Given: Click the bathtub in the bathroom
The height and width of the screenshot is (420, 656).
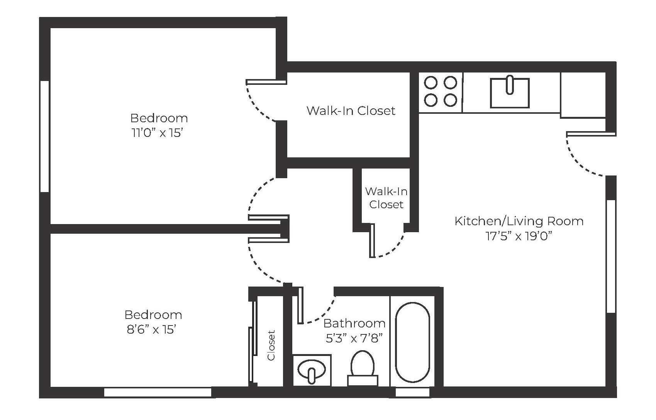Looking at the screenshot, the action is coord(412,342).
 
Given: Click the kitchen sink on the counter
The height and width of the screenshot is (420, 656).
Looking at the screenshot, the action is coord(510,93).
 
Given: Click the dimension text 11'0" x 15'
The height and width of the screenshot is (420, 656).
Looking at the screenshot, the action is coord(158,133).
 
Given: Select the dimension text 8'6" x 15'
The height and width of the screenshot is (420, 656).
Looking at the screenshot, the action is coord(151,330).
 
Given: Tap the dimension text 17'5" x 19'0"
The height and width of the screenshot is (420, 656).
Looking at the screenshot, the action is coord(519,236).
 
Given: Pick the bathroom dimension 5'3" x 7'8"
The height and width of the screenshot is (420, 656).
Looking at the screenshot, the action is coord(354,338).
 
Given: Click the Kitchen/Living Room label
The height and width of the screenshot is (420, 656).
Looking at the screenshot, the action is coord(519,221).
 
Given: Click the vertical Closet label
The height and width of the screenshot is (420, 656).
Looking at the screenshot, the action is coord(271,345).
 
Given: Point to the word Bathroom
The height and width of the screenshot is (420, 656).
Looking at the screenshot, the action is coord(354,324).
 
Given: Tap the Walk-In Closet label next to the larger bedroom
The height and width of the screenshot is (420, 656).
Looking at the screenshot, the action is coord(351,111).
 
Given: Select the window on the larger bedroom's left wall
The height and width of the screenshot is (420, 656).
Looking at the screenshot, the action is coord(44,136).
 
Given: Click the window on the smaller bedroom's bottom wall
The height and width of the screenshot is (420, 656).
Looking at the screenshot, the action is coord(158,392).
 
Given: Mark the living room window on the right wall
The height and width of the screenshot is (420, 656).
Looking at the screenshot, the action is coord(611,256).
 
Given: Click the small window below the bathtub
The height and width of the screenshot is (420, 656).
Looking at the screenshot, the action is coord(413,392).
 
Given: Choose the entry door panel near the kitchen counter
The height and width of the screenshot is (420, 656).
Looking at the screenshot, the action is coord(591,134).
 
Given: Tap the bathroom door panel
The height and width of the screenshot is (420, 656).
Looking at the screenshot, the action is coord(300,305).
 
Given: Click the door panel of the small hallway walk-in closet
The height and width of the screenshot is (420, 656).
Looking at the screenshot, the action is coord(372,241).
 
